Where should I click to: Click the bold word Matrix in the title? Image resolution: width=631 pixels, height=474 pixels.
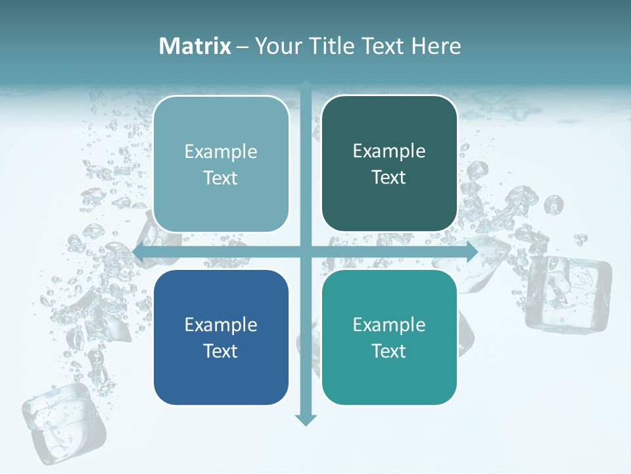[x=195, y=46]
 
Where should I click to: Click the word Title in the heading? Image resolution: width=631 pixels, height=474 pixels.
[x=333, y=46]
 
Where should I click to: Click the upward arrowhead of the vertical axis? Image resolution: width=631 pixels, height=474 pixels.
[x=306, y=85]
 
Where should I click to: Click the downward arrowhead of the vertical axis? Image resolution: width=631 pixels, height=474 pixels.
[x=306, y=419]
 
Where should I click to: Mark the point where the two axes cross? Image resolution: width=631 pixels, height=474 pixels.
[x=306, y=252]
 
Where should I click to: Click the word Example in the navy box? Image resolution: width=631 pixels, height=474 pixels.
[x=221, y=325]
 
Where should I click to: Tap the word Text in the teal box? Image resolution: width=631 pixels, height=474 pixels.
[x=389, y=351]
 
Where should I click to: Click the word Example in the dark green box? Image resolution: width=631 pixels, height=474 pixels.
[x=389, y=151]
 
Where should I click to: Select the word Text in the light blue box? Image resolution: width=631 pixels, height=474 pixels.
[x=221, y=178]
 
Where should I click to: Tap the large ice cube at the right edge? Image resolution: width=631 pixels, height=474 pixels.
[x=569, y=293]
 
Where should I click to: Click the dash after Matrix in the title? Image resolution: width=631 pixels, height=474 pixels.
[x=243, y=47]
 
